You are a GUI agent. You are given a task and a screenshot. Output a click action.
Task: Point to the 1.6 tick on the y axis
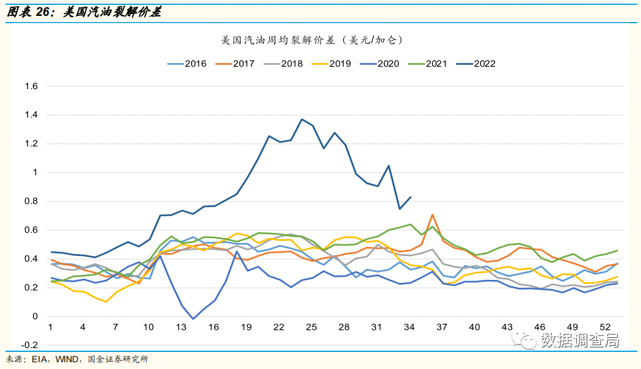[x=31, y=86]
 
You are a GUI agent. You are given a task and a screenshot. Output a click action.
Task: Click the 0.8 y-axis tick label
[x=31, y=201]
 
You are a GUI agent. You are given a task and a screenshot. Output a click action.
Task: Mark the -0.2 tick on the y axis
[x=29, y=345]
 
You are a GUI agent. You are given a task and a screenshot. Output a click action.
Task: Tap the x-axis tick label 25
[x=311, y=327]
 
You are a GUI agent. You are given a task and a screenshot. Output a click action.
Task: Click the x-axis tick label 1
[x=50, y=327]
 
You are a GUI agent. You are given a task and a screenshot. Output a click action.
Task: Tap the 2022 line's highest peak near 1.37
[x=302, y=119]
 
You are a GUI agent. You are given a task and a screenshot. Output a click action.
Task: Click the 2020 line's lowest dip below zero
[x=193, y=319]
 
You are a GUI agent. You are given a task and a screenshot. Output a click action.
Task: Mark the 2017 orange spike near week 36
[x=432, y=214]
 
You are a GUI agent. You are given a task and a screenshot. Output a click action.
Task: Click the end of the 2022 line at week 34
[x=411, y=197]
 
